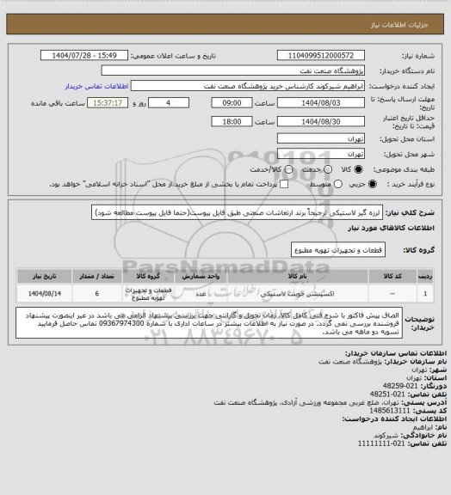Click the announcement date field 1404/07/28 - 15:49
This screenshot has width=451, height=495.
(x=88, y=55)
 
